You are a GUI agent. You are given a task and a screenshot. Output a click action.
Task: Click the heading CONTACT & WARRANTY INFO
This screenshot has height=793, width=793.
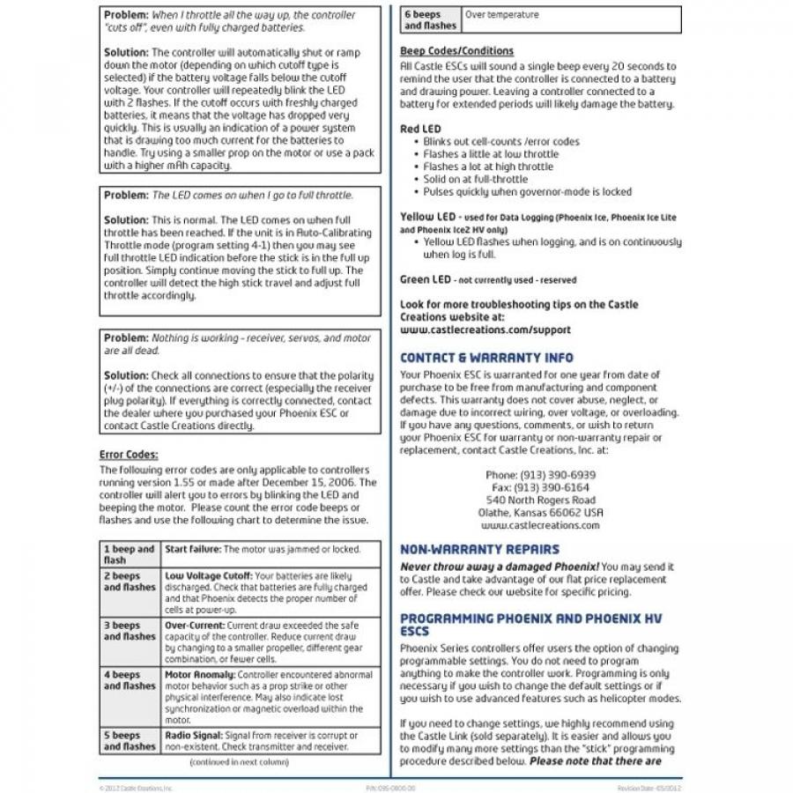[x=486, y=358]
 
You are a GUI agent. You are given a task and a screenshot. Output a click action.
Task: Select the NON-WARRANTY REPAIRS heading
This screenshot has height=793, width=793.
[x=481, y=547]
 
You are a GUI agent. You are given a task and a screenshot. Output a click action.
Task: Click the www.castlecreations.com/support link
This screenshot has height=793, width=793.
[x=485, y=330]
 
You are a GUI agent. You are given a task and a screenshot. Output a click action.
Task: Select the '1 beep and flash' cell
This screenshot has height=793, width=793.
[x=129, y=554]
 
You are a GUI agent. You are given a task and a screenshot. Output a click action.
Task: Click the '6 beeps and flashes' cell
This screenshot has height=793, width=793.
[x=430, y=20]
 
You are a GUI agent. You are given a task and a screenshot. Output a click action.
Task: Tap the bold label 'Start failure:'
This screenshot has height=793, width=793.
[x=193, y=549]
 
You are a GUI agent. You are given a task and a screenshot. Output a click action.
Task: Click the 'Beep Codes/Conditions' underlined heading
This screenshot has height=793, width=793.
[x=456, y=51]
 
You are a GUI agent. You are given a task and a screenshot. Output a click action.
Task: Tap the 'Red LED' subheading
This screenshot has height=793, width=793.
[x=420, y=129]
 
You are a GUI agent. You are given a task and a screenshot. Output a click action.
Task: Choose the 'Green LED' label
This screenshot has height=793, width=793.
[x=426, y=280]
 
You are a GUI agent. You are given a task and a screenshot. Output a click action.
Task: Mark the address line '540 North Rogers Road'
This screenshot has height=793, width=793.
[x=541, y=500]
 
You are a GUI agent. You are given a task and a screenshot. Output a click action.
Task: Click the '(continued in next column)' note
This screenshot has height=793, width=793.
[x=239, y=762]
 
